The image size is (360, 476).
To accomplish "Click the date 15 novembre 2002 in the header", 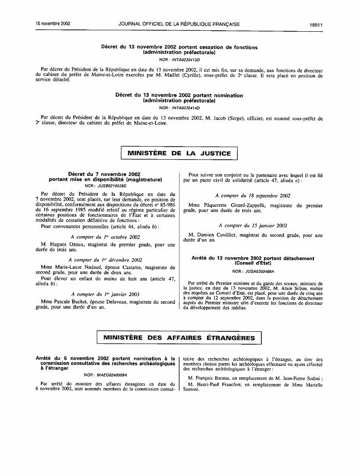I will pyautogui.click(x=53, y=23).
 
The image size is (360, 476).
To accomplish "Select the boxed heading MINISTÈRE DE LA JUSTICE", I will pyautogui.click(x=179, y=153).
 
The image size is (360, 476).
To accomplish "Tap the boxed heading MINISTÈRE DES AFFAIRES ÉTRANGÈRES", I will pyautogui.click(x=179, y=338).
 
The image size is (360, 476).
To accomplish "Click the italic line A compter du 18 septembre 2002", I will pyautogui.click(x=253, y=196).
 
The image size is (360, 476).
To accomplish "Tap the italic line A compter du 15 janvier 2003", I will pyautogui.click(x=253, y=225).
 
